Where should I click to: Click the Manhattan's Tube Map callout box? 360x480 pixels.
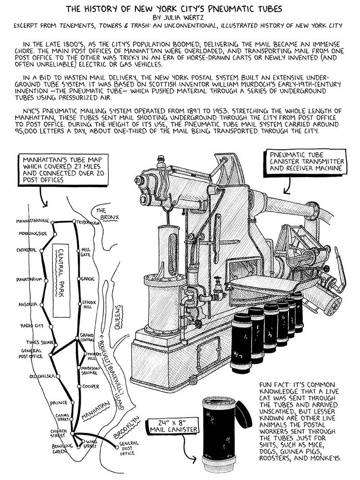coord(57,169)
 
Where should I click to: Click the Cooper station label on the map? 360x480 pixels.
coord(90,386)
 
